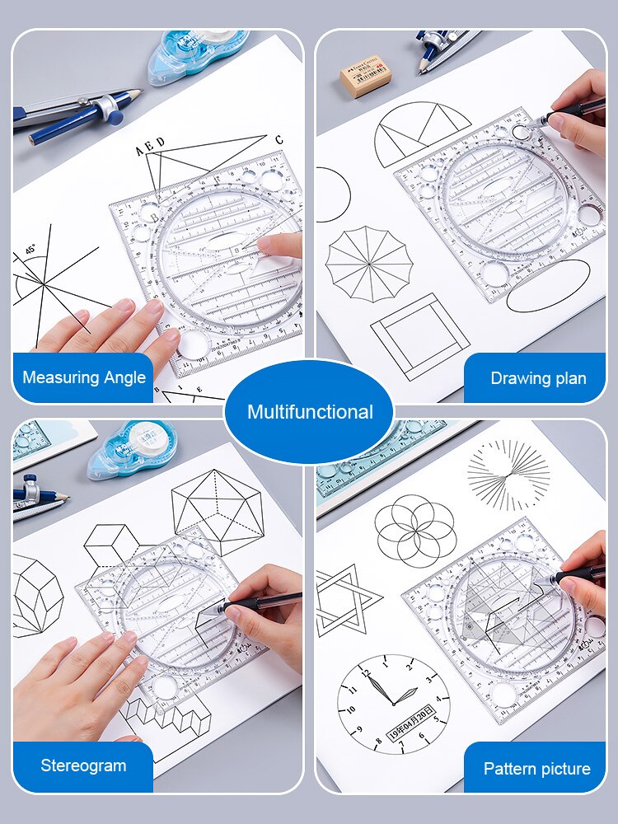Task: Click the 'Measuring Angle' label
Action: [83, 378]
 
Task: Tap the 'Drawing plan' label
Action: [538, 378]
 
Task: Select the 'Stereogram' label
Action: [83, 765]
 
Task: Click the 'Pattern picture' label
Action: [536, 769]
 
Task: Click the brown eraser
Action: [365, 76]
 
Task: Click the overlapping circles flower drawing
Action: [415, 531]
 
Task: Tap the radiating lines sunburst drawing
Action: [508, 475]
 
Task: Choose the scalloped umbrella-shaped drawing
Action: [368, 265]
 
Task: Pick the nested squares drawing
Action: [419, 336]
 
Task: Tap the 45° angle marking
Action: [30, 250]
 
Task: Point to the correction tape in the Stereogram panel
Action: [132, 448]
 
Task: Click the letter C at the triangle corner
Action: [279, 139]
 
